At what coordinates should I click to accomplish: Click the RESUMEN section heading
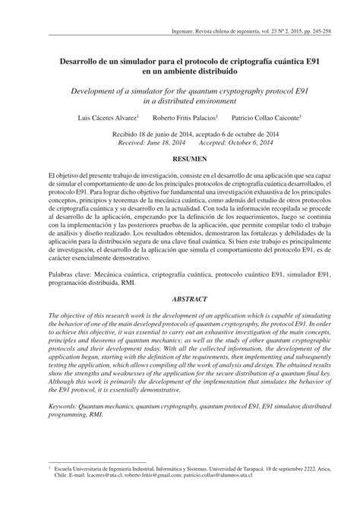coord(180,161)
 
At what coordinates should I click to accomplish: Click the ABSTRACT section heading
coord(180,278)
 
